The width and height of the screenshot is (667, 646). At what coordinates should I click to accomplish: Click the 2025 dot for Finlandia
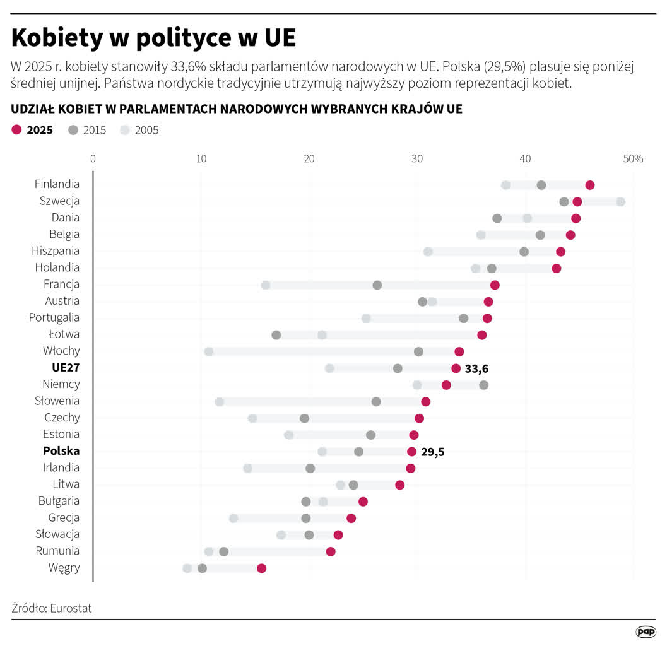(589, 185)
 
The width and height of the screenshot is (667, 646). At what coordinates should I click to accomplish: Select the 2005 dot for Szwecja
(620, 202)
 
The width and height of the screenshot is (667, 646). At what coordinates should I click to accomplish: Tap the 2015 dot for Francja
(377, 285)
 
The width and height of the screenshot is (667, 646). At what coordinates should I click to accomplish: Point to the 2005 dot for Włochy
(209, 351)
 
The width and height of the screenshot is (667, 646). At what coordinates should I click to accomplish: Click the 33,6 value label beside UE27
(476, 368)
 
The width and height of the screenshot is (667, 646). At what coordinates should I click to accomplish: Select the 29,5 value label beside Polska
(432, 452)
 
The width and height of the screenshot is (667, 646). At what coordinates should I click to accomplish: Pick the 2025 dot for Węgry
(262, 568)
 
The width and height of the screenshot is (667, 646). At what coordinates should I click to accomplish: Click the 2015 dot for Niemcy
(483, 385)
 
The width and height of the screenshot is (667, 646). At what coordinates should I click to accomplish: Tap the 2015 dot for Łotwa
(276, 335)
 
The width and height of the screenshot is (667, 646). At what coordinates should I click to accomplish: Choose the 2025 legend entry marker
(16, 131)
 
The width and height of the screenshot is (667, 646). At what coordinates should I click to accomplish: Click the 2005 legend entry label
(146, 131)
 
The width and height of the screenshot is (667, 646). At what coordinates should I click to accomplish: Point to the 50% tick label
(633, 158)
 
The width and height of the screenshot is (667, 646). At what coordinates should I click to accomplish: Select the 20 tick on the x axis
(309, 158)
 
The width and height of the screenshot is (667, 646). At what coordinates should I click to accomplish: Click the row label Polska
(61, 451)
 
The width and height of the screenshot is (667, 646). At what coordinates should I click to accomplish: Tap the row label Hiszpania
(56, 250)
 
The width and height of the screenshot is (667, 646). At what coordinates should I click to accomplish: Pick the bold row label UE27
(66, 367)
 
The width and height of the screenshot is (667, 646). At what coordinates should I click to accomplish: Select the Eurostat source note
(52, 608)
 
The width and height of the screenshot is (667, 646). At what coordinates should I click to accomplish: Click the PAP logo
(646, 631)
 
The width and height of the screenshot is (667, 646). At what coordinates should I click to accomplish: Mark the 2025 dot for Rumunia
(331, 552)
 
